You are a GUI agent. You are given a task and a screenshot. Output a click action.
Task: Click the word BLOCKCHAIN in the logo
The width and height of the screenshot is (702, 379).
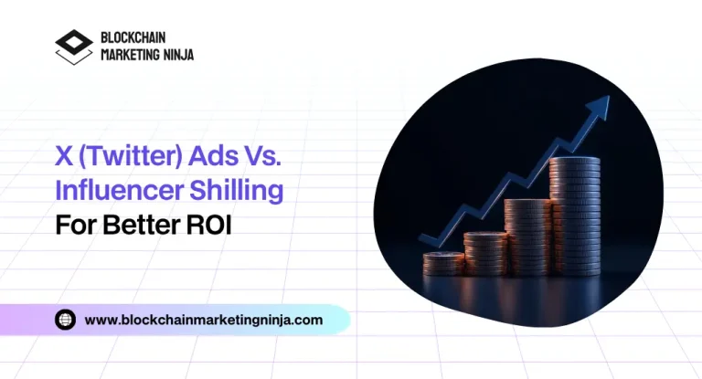point(135,39)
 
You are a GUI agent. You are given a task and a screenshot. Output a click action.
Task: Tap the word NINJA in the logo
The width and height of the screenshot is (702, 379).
point(175,55)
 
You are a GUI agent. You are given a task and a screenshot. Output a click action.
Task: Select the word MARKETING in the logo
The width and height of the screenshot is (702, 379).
point(126,55)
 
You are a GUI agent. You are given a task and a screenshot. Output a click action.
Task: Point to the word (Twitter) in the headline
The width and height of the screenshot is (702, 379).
point(128,160)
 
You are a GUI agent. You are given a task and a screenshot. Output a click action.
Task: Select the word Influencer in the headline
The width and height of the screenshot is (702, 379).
point(113,192)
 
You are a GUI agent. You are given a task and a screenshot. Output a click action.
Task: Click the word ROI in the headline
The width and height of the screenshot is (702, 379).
point(209,225)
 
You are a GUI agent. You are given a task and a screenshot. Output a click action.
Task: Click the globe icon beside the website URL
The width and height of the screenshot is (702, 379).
point(66,320)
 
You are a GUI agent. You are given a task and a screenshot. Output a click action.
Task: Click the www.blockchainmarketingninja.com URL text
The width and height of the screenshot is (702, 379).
point(204,320)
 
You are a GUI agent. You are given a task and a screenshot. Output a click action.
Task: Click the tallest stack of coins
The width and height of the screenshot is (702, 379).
point(575,216)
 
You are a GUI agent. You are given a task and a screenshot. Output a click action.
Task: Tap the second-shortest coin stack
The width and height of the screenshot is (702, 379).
point(484,253)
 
